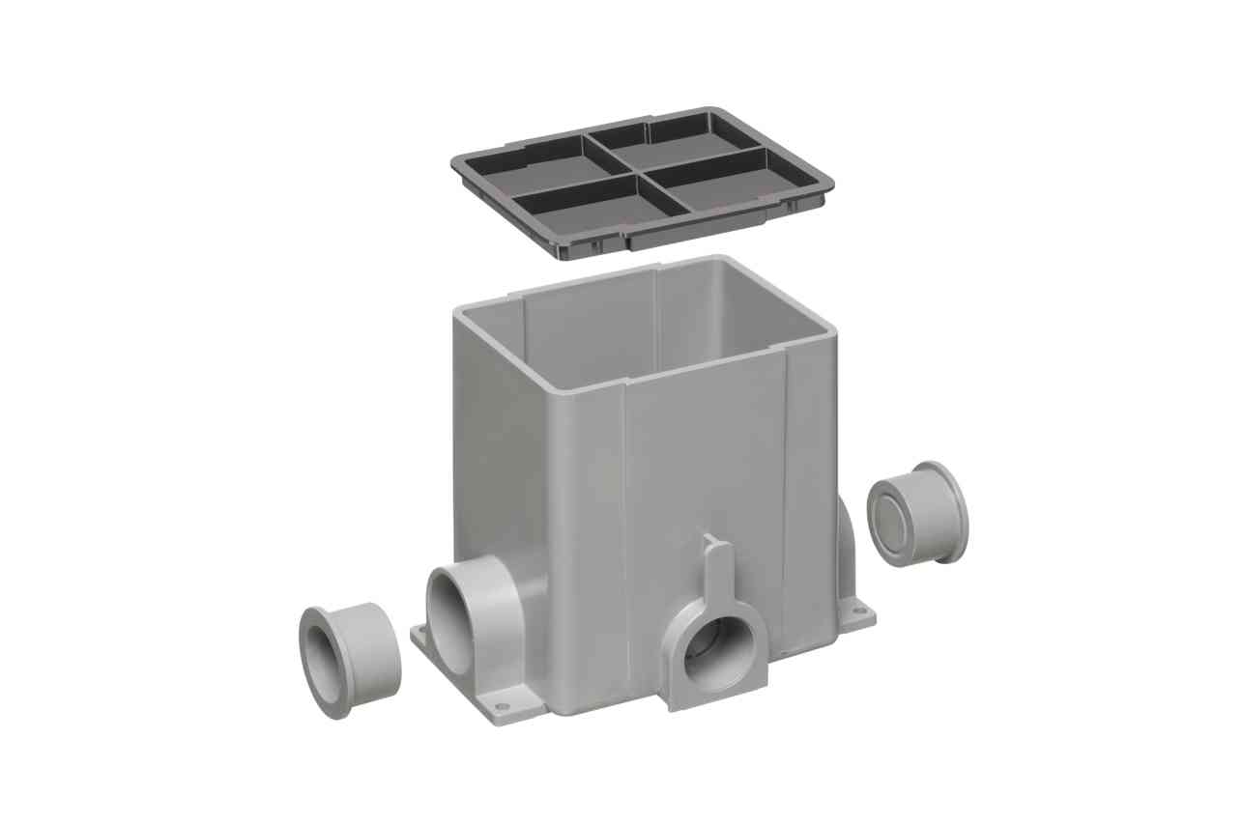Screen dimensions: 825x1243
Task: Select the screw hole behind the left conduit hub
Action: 422,635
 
